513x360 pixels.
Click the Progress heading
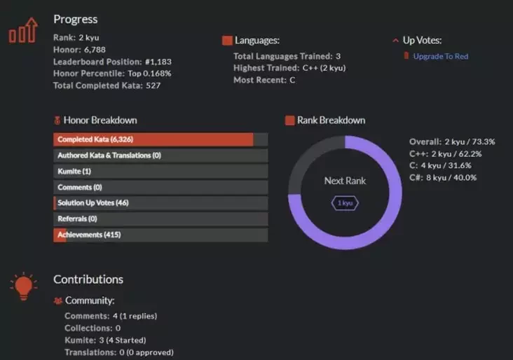coord(76,19)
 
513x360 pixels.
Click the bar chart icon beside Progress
coord(22,32)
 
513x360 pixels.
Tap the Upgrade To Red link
coord(440,56)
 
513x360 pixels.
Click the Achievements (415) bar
coord(160,235)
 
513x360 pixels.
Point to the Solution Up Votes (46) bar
coord(160,203)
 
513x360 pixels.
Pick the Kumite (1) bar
coord(160,171)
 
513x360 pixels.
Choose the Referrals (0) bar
coord(160,219)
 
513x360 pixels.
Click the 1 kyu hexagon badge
coord(345,202)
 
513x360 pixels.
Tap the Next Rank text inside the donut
coord(345,181)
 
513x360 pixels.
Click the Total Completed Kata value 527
coord(153,85)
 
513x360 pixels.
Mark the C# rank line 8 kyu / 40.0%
coord(443,177)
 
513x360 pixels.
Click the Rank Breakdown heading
coord(331,120)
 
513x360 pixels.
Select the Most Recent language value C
coord(292,80)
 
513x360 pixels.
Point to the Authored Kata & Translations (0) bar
coord(160,155)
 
